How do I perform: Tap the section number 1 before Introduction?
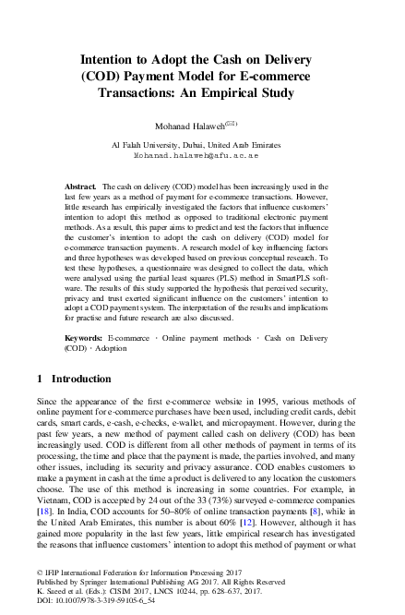coord(40,380)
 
